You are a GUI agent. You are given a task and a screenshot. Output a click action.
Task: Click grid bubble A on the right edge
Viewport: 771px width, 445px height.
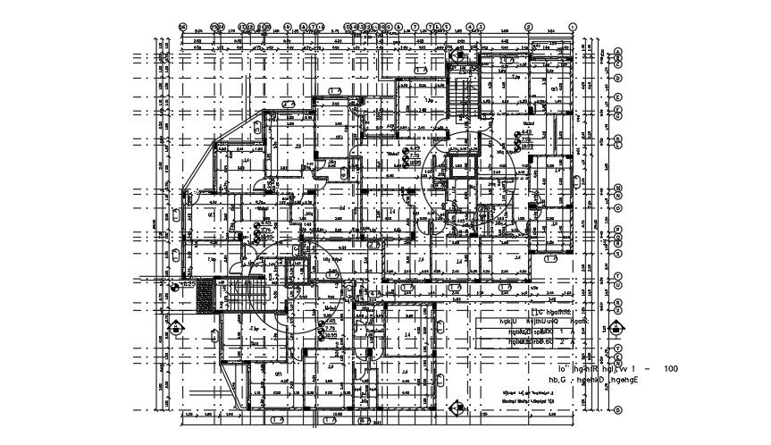click(x=617, y=49)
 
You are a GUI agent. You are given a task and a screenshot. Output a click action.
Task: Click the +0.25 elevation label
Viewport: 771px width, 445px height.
click(x=185, y=283)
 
